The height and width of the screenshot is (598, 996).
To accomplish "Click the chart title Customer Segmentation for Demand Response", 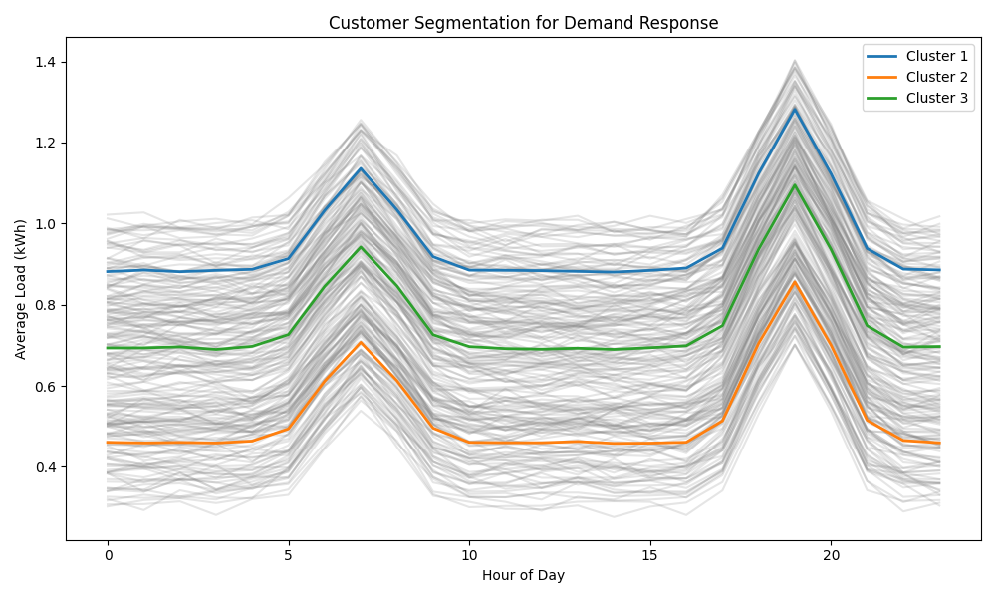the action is click(524, 23).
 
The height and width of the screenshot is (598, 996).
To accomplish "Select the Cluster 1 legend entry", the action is click(917, 56).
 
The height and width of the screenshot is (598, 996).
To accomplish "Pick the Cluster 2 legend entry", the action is click(917, 77).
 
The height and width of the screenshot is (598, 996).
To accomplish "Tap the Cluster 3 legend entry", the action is click(917, 98).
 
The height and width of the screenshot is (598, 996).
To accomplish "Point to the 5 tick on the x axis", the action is click(289, 555).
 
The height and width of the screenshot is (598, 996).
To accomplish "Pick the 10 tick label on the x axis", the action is click(469, 555).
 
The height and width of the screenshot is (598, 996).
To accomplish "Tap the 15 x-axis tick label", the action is click(649, 555).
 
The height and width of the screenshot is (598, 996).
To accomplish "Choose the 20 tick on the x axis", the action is click(831, 555).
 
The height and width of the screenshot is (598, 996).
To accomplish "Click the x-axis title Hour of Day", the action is click(524, 576).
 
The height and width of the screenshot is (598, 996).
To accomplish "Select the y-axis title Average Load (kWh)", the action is click(20, 289).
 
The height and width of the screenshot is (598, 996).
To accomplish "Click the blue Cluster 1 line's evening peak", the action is click(795, 110).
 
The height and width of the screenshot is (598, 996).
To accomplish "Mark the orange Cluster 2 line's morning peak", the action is click(361, 342).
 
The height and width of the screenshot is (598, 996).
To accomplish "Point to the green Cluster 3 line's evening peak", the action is click(795, 185).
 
